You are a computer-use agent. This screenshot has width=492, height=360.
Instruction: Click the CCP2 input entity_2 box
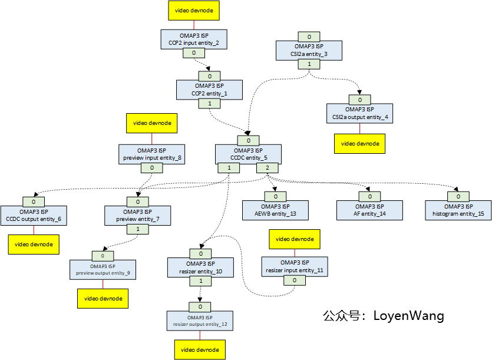194,39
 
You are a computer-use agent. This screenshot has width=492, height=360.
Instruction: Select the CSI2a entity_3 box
309,50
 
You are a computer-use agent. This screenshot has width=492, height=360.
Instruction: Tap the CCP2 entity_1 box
210,90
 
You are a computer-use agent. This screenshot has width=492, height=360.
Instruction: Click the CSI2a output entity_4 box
359,113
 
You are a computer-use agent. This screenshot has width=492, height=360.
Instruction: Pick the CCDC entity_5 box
248,154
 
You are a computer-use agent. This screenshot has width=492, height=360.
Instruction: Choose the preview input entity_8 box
152,154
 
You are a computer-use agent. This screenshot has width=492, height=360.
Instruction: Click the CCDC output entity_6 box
34,215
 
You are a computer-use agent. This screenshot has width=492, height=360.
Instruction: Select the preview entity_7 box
137,215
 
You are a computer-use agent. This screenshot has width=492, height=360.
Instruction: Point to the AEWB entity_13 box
276,210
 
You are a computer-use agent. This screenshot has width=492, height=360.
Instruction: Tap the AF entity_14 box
369,210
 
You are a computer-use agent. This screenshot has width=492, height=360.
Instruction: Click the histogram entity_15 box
458,210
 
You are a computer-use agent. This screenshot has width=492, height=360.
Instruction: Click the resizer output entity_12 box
200,321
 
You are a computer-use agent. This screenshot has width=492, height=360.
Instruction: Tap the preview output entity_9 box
103,269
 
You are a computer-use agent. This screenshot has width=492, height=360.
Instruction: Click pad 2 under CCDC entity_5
267,168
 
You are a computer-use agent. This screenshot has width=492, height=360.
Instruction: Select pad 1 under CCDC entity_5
229,168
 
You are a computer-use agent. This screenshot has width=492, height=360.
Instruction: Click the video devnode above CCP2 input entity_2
194,10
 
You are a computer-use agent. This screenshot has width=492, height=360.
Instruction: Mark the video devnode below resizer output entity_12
200,349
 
